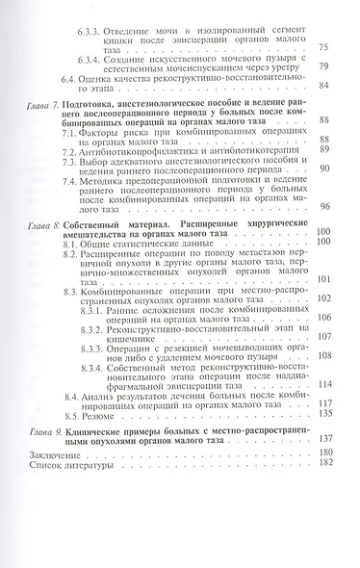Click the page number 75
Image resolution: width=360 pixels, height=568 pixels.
(x=321, y=48)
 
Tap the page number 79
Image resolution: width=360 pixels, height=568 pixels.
(x=321, y=65)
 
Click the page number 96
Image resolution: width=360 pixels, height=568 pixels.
(x=321, y=233)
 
